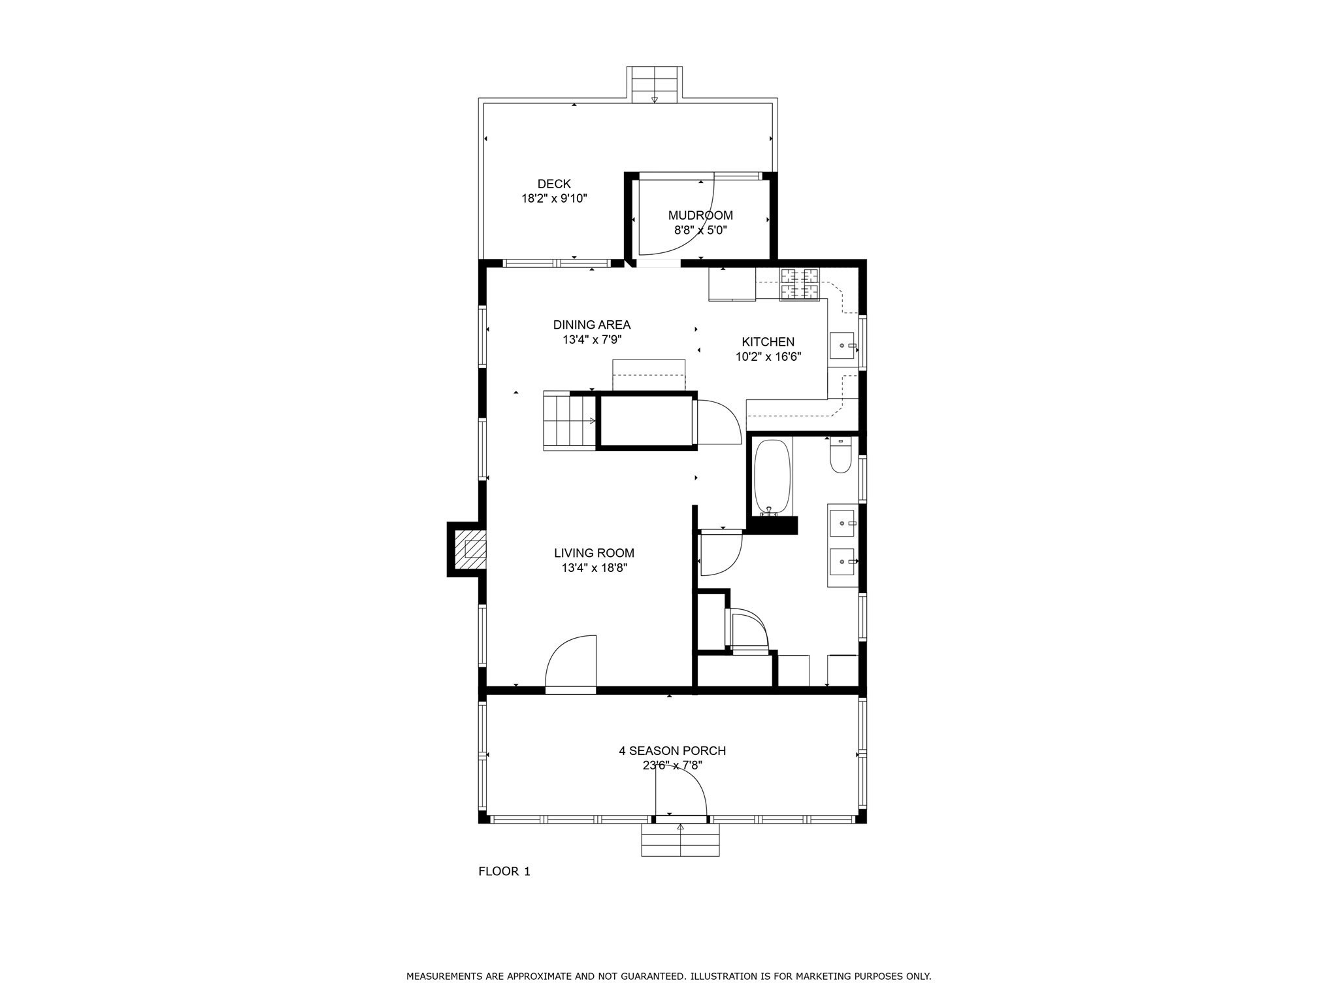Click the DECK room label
[554, 184]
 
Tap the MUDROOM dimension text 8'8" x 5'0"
[700, 230]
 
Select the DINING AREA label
[592, 325]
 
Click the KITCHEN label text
[768, 342]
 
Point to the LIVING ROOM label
[595, 553]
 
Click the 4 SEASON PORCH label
[672, 751]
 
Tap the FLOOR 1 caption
[504, 871]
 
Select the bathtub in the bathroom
[773, 477]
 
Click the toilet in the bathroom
[841, 455]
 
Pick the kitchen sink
[842, 345]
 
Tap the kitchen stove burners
[800, 285]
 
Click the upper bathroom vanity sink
[842, 523]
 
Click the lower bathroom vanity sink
[842, 561]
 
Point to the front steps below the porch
[680, 840]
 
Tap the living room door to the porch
[570, 663]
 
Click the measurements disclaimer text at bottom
[669, 977]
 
